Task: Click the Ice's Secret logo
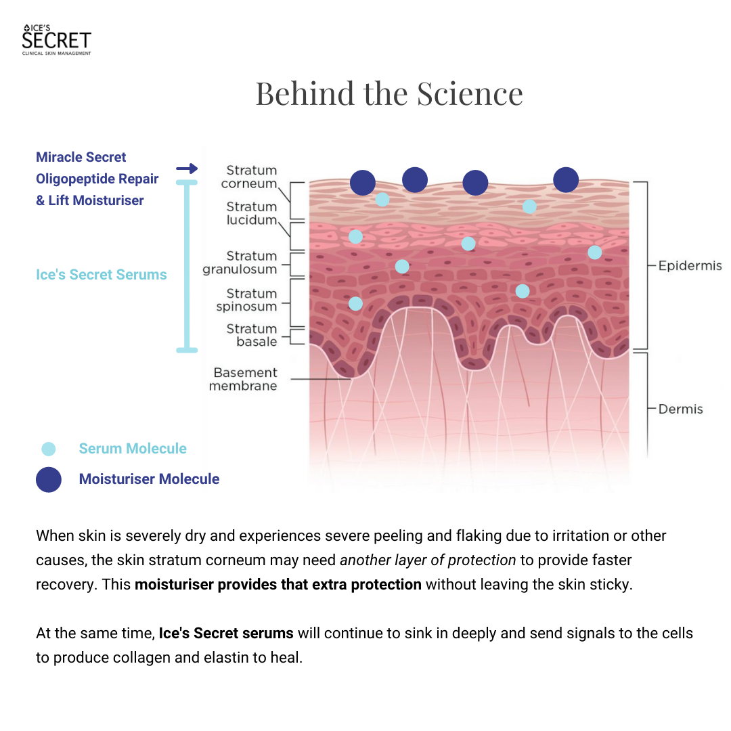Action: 56,39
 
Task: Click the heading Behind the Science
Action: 389,93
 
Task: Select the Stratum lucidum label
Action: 251,213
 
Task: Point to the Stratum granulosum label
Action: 240,263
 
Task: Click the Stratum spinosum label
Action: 246,300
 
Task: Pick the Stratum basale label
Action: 251,335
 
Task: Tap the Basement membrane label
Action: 244,379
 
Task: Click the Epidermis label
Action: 690,266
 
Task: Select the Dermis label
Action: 680,409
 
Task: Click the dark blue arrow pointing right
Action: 187,169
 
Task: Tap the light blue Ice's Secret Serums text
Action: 102,275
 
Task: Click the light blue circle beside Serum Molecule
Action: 49,449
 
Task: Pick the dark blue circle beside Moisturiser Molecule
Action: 49,479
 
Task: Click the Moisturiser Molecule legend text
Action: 149,479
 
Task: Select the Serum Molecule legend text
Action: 133,449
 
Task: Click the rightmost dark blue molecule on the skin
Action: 566,180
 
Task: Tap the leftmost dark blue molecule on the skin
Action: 363,182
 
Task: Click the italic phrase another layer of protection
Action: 428,560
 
